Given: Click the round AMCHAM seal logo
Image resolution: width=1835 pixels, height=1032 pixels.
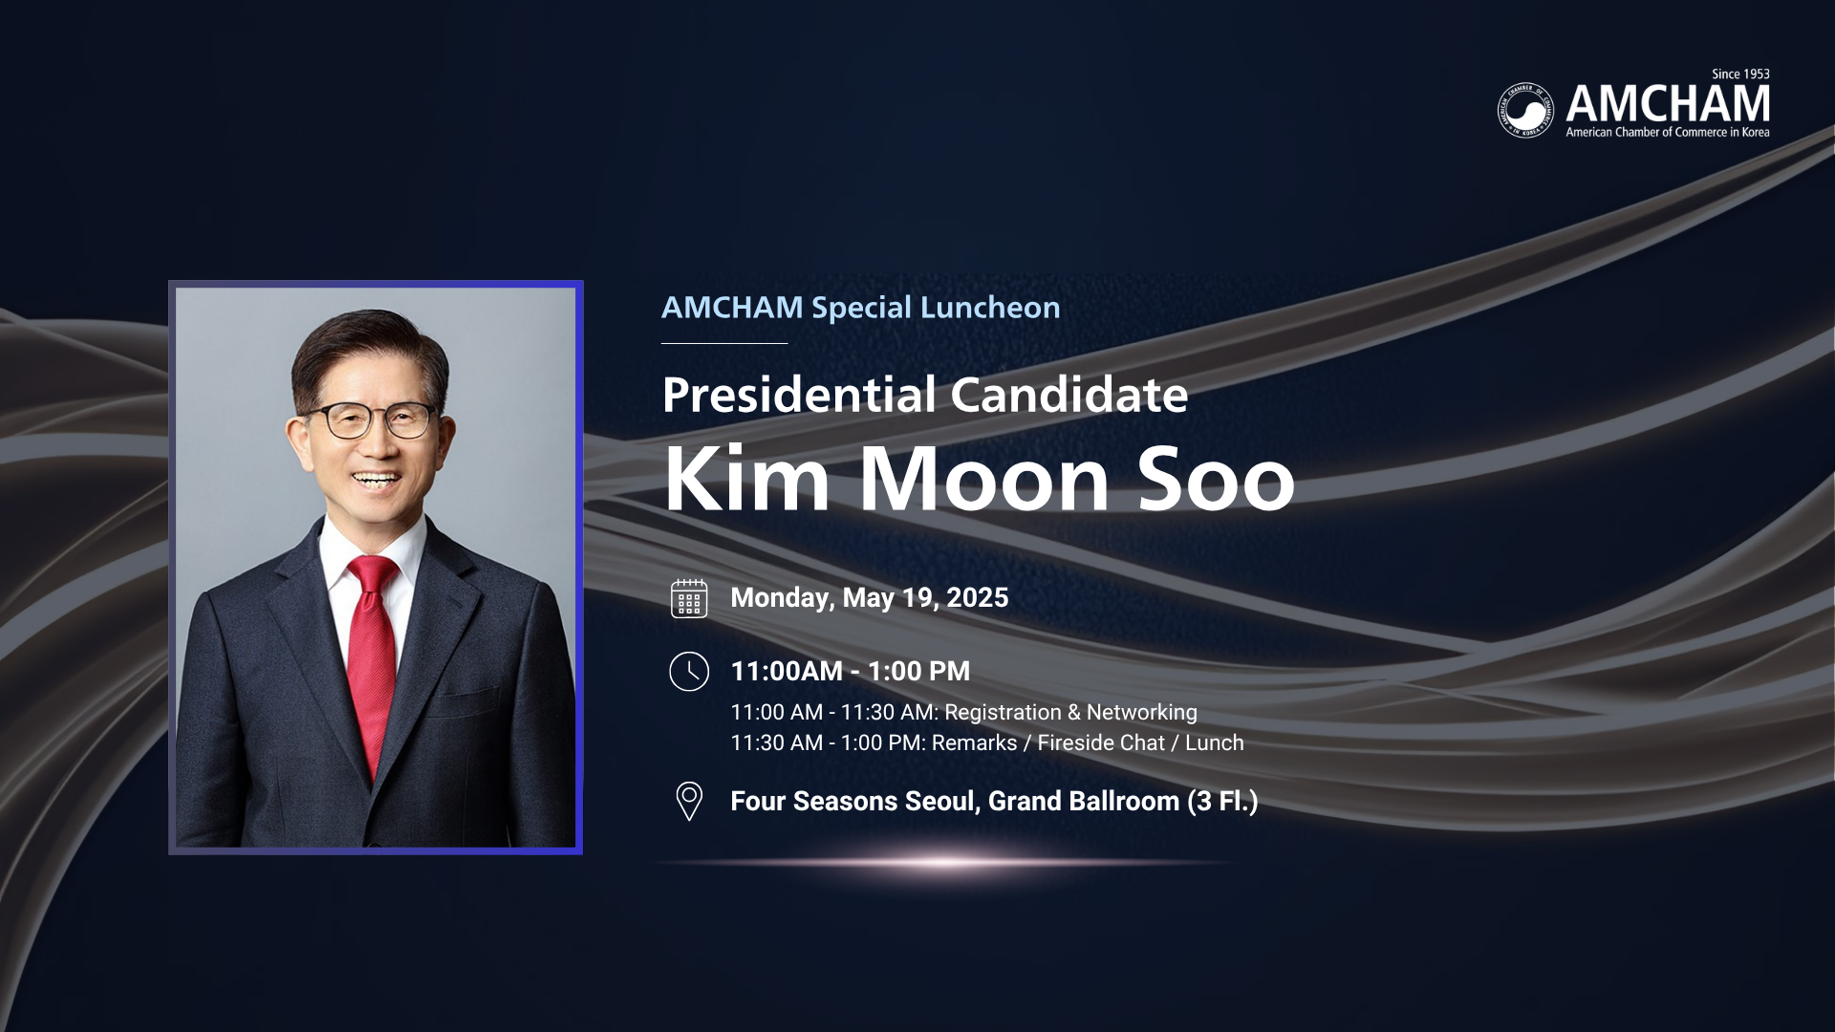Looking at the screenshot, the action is tap(1525, 110).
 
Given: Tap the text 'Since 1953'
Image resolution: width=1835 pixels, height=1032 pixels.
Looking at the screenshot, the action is tap(1740, 74).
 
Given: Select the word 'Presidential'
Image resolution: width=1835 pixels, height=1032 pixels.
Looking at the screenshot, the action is tap(799, 395).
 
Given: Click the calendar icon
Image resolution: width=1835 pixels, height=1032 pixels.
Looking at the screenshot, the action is tap(689, 598).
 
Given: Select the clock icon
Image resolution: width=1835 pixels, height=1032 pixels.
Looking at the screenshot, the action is tap(689, 672).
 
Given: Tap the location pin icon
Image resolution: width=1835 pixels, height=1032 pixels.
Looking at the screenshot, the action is tap(689, 802).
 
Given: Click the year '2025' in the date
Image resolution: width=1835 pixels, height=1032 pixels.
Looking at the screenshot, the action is tap(978, 598).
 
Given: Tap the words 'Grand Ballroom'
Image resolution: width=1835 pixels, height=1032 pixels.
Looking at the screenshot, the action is tap(1084, 802).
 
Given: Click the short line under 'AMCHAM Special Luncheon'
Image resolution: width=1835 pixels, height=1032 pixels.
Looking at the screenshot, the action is tap(724, 343).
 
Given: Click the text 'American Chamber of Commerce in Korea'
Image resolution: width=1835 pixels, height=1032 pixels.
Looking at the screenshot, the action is tap(1668, 133).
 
